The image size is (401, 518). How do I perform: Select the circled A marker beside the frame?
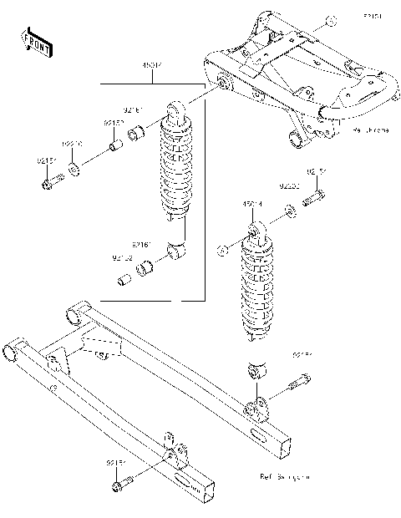329,19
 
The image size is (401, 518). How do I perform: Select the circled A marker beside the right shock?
222,248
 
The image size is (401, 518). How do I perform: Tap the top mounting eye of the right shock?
256,226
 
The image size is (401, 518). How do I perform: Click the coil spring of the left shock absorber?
176,171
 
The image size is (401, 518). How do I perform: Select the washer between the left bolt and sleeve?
76,170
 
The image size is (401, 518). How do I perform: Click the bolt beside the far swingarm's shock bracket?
297,385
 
